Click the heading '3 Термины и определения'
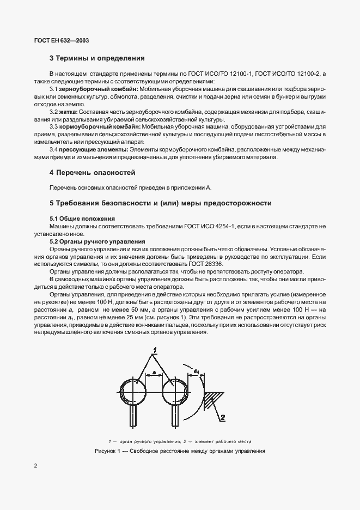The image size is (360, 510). (97, 58)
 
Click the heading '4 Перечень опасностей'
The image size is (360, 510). (92, 173)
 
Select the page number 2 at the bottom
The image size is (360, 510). (35, 466)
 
